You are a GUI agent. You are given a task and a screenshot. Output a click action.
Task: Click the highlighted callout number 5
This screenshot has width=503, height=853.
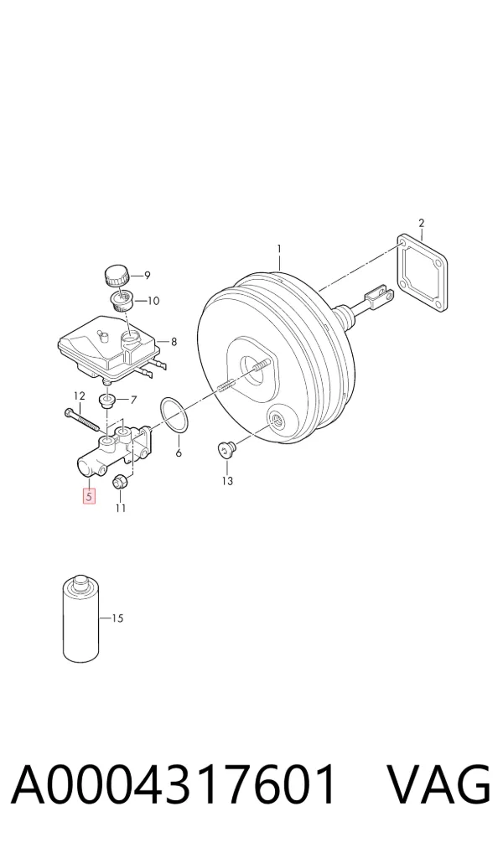point(89,496)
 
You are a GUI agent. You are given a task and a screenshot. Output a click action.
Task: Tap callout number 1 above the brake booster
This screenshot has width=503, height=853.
point(279,249)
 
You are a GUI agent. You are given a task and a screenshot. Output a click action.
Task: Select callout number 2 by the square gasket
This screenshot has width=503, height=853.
point(421,223)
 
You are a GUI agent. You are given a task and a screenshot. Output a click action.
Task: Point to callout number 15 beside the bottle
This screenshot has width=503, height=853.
point(117,618)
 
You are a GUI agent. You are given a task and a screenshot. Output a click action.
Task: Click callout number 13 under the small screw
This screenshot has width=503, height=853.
point(227,480)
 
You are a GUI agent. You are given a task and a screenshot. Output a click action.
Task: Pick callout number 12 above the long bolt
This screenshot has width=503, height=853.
point(80,395)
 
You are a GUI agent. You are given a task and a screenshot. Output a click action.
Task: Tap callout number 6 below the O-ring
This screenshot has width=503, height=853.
point(179,452)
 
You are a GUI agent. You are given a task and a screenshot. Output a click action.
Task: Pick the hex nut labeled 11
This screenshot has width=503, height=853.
point(121,482)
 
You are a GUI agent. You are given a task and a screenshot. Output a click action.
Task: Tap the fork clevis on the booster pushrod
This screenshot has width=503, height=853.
point(378,296)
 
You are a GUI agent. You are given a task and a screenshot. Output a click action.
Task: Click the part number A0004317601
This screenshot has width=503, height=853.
point(173,784)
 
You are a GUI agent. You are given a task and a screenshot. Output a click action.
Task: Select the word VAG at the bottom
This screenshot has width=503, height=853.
point(438,784)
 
